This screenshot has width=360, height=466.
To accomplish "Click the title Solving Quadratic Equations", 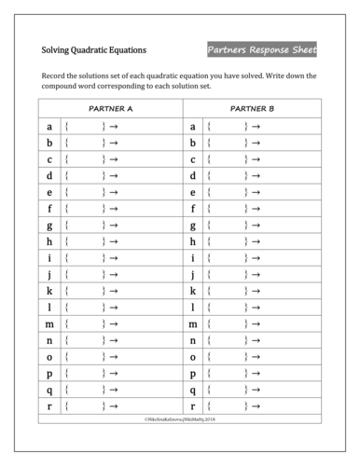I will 93,49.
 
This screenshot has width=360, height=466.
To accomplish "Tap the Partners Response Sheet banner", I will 262,49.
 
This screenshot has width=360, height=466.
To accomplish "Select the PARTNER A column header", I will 111,109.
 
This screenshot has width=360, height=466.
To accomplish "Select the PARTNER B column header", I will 252,109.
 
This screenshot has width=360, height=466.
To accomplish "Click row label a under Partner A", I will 48,127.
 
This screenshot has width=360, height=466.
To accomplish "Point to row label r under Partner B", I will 192,406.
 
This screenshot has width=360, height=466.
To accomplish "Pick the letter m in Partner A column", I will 48,324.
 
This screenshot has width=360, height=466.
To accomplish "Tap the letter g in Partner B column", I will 192,226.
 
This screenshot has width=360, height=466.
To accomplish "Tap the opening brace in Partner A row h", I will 67,241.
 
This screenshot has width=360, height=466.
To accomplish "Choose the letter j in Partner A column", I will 48,275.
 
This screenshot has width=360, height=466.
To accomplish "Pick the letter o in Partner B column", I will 192,357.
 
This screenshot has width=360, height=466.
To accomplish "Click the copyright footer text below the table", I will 180,420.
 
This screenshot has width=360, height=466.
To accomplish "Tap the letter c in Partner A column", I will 48,159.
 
